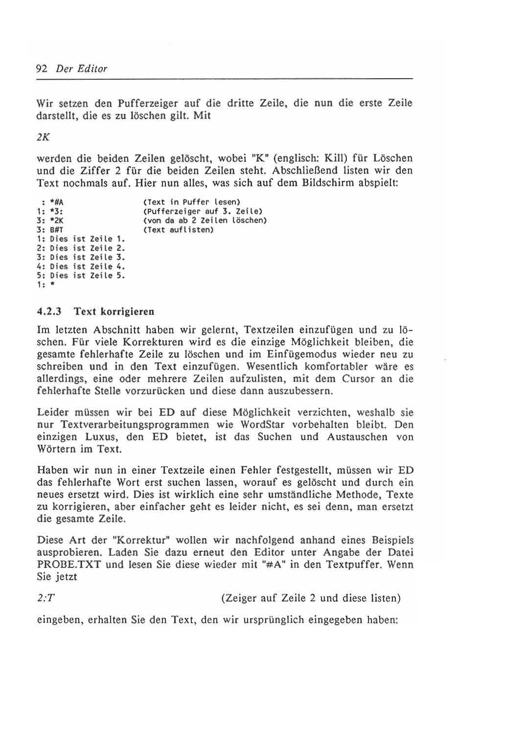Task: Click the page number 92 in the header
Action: tap(42, 68)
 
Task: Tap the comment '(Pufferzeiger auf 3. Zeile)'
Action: tap(203, 211)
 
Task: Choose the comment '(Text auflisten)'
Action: tap(178, 229)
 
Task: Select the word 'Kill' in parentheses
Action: tap(336, 158)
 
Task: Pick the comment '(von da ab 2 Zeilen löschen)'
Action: tap(205, 220)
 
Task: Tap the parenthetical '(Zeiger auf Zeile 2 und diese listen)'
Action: tap(311, 598)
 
